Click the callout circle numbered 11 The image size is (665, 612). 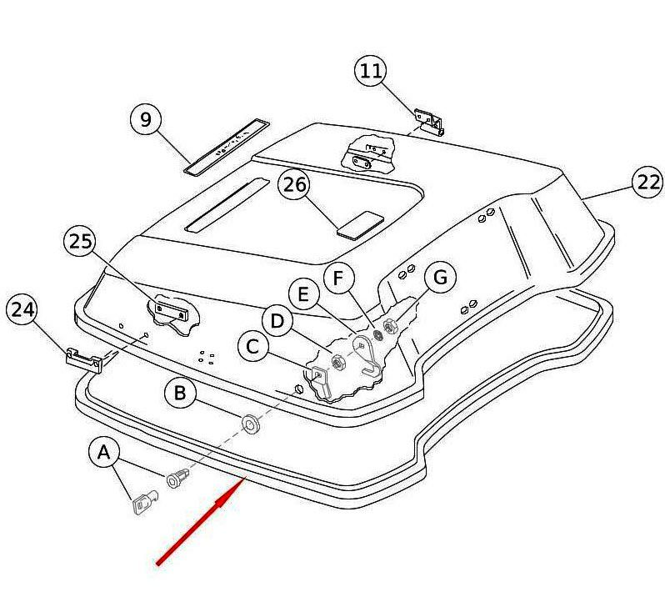[371, 70]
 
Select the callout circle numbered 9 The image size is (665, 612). [147, 119]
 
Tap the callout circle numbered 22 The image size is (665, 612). [648, 183]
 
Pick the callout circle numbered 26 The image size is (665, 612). [294, 184]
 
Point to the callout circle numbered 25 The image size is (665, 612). [80, 241]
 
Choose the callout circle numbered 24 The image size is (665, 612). [22, 309]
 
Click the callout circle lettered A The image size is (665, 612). [104, 453]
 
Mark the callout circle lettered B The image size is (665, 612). [180, 393]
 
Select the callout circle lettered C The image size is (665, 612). [253, 346]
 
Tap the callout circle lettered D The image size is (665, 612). [277, 321]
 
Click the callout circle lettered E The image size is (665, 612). [303, 294]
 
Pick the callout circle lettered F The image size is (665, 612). [339, 278]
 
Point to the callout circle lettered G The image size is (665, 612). [441, 277]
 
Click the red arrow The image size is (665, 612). [202, 521]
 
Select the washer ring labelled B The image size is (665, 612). [251, 424]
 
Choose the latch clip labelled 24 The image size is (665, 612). [84, 359]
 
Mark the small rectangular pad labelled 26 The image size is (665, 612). [360, 224]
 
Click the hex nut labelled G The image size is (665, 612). [389, 325]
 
